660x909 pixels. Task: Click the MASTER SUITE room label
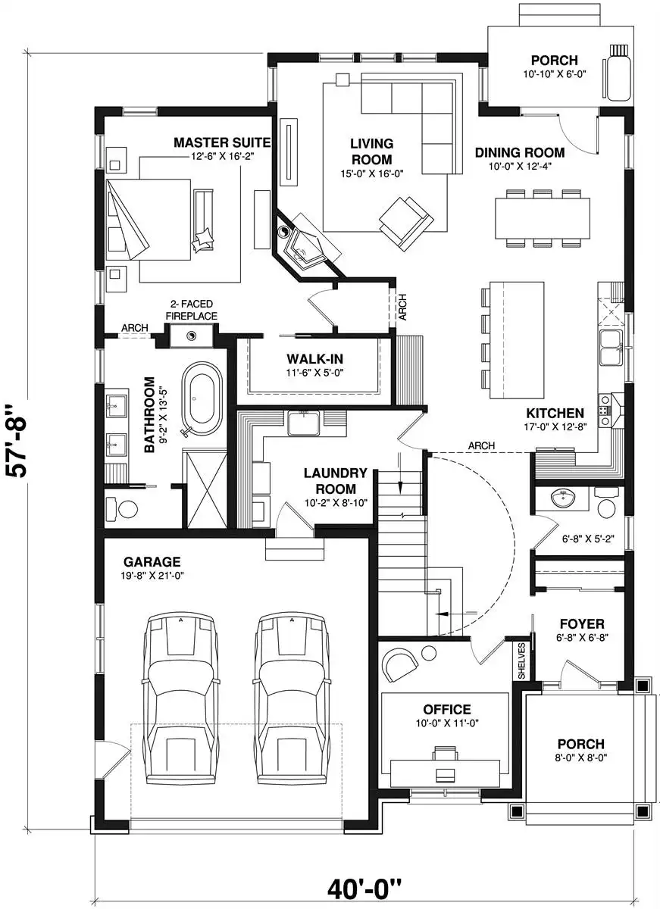click(x=222, y=142)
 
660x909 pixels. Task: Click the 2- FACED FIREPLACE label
click(x=191, y=310)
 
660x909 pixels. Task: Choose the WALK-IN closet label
click(x=314, y=359)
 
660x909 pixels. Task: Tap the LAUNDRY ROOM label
click(x=335, y=480)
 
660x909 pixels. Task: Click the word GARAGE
click(x=152, y=561)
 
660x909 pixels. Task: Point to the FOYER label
click(x=582, y=623)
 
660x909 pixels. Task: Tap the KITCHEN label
click(x=555, y=413)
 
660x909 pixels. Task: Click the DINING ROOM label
click(x=520, y=152)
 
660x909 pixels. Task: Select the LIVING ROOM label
click(x=372, y=151)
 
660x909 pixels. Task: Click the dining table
click(x=543, y=218)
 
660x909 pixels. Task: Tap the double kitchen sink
click(x=611, y=347)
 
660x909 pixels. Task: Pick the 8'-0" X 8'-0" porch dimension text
click(x=581, y=757)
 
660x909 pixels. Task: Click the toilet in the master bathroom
click(x=122, y=508)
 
